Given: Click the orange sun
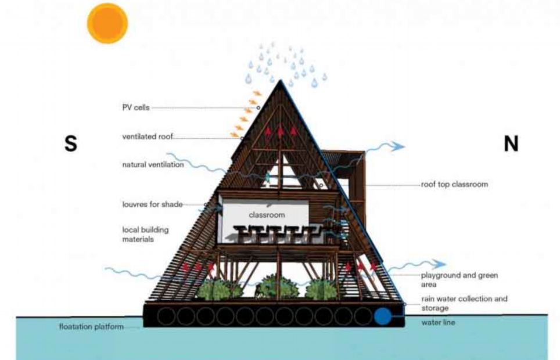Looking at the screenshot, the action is pos(107,23).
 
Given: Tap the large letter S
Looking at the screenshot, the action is pos(71,143).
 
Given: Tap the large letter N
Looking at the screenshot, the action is pos(511,143).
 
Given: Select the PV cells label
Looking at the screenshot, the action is pos(136,107).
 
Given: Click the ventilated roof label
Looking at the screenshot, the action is pos(148,136).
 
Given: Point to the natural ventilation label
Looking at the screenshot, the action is pos(153,165).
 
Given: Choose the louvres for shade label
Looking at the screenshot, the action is pos(153,204).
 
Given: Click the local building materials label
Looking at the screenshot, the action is pos(145,235).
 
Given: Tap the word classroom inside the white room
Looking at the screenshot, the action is pos(267,215).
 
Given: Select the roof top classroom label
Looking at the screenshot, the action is pos(454,184).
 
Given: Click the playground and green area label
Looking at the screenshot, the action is pos(460,280).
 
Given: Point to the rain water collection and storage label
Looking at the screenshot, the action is pos(464,303).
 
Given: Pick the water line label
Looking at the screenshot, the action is pos(438,322).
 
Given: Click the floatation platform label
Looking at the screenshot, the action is pos(91,327).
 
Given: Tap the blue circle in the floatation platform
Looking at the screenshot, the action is pos(383,316).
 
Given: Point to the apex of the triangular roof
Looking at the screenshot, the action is pos(281,80).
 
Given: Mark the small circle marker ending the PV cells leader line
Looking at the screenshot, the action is pos(258,107).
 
